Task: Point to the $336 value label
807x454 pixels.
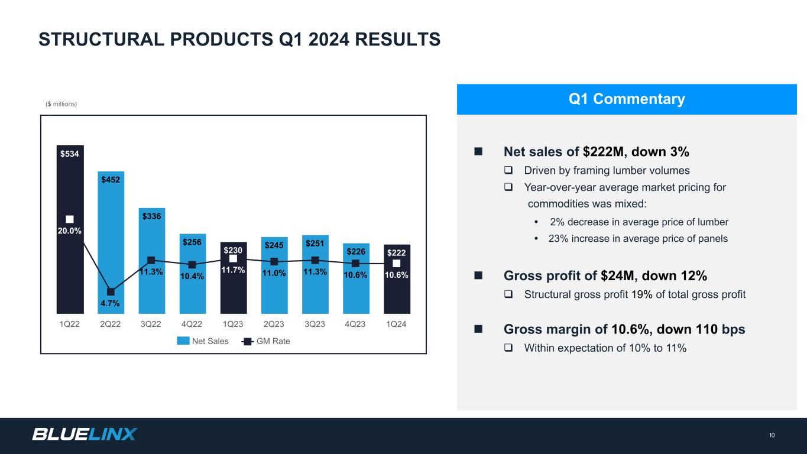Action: click(152, 216)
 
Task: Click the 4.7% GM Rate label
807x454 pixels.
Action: click(111, 303)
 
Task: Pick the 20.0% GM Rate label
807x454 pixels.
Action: click(70, 231)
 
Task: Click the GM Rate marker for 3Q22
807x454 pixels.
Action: click(151, 260)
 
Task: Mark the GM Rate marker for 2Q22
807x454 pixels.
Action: click(111, 291)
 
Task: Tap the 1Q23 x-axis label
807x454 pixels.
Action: click(233, 325)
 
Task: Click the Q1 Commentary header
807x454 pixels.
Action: click(627, 99)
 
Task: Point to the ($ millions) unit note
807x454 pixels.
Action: click(61, 104)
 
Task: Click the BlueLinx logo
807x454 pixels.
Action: click(85, 434)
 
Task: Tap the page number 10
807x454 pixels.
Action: click(772, 436)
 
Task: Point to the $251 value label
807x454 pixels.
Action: click(315, 243)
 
